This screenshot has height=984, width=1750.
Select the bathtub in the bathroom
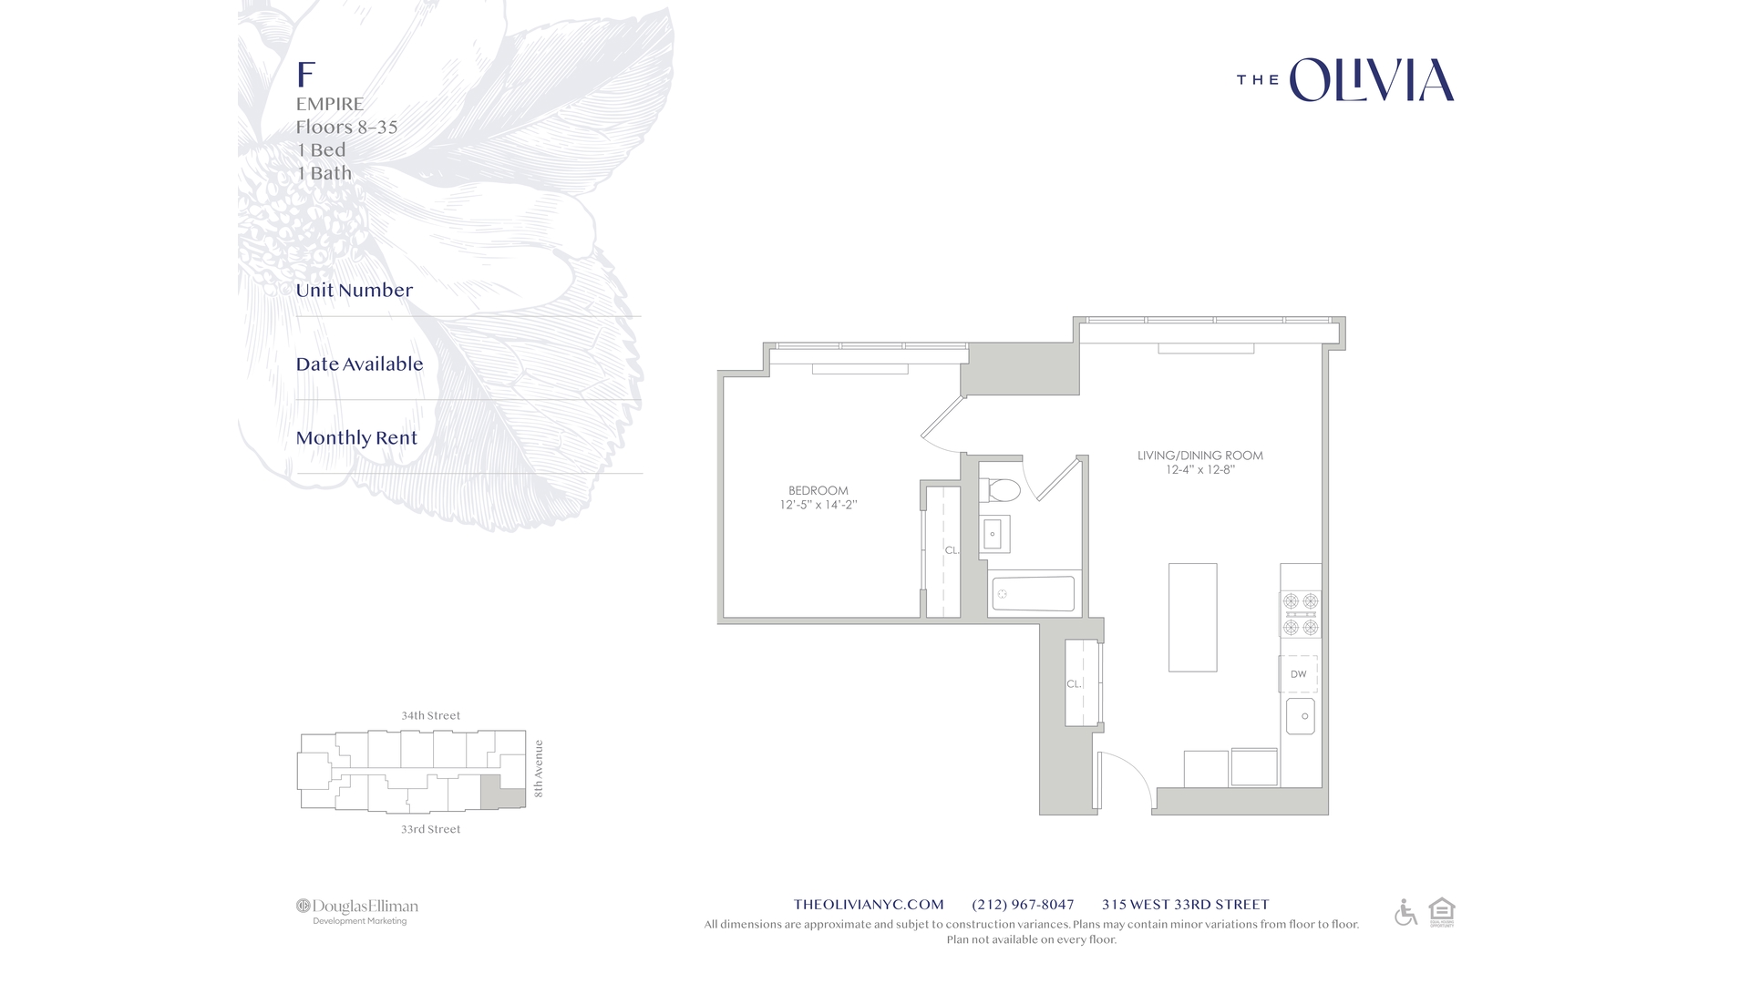coord(1033,594)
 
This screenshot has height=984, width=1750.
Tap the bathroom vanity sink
coord(993,535)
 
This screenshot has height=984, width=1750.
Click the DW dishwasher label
coord(1298,674)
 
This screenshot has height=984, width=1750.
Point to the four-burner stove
coord(1301,614)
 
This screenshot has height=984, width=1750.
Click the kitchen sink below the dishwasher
coord(1301,716)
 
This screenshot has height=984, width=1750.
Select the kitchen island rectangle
coord(1192,617)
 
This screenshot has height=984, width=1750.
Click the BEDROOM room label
coord(818,490)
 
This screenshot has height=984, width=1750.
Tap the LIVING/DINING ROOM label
coord(1199,456)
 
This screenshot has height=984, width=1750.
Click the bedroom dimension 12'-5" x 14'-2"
coord(818,505)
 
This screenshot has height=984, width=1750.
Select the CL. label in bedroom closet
coord(951,550)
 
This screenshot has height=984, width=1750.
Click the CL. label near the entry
coord(1074,683)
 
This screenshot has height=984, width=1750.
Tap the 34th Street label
coord(430,715)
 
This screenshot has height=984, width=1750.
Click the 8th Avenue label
coord(539,768)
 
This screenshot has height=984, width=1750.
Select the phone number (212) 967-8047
coord(1023,905)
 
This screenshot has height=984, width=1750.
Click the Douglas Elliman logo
coord(357,907)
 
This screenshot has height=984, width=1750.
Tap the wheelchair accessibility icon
coord(1405,912)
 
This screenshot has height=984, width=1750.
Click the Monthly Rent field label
coord(356,438)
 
